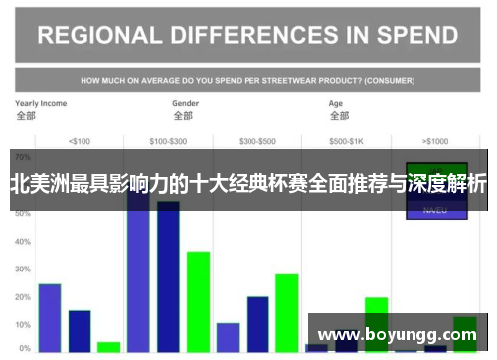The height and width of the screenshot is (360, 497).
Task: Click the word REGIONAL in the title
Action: click(96, 36)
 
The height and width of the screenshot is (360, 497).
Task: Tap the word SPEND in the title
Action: click(410, 36)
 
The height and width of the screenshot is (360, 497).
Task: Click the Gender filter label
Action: click(186, 103)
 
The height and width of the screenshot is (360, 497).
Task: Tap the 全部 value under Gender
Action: click(183, 115)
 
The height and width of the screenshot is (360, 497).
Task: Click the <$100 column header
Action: click(80, 140)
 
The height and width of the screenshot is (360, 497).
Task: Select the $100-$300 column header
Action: click(168, 140)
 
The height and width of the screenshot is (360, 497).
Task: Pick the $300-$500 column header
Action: click(256, 140)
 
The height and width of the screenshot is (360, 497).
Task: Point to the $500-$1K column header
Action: click(346, 140)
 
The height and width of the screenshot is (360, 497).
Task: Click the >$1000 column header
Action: click(435, 140)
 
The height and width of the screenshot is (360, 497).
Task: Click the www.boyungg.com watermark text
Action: click(397, 335)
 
